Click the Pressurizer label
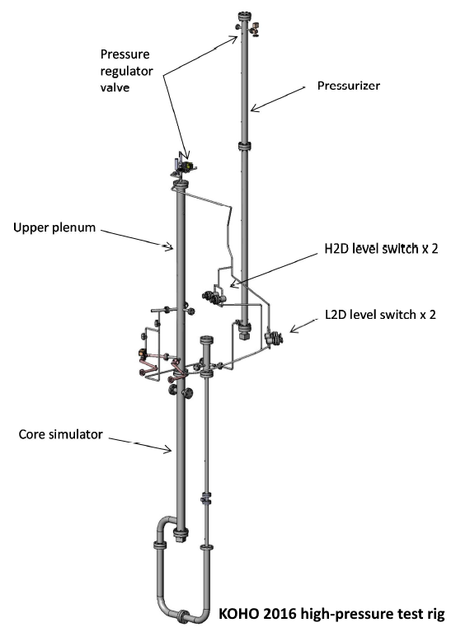[x=348, y=86]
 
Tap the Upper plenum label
[x=54, y=227]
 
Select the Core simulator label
[x=60, y=434]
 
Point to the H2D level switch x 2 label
[x=381, y=248]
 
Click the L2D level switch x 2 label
[x=380, y=314]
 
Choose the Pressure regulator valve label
[x=126, y=71]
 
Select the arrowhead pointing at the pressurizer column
[x=254, y=108]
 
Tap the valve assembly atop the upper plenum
[x=183, y=167]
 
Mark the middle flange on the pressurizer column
[x=244, y=146]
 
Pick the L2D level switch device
[x=274, y=338]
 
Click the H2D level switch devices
[x=214, y=298]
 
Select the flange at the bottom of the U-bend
[x=183, y=616]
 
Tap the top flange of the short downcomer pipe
[x=206, y=339]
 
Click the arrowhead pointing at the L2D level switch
[x=294, y=330]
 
